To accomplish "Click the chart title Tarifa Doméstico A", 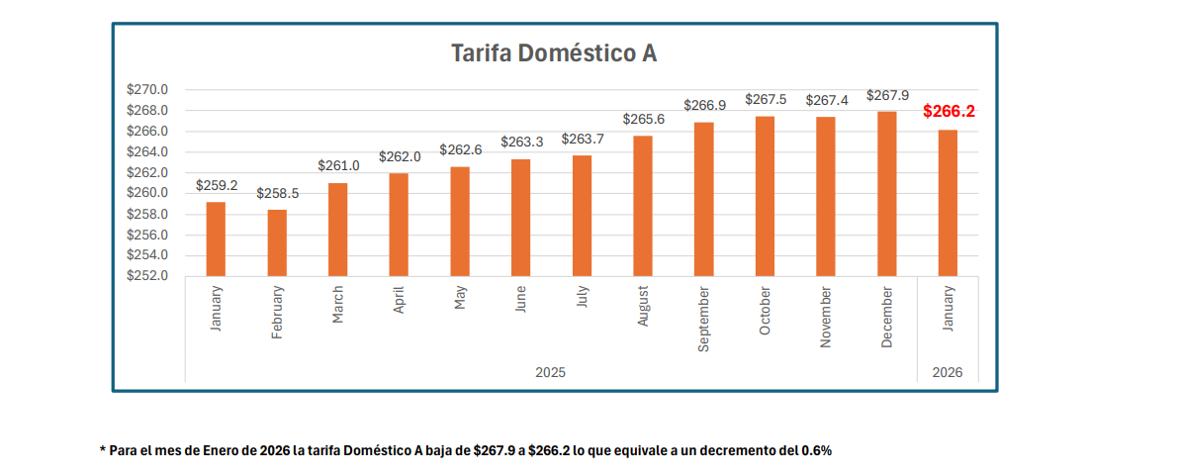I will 554,52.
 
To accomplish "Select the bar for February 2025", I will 277,242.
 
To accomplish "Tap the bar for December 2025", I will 887,193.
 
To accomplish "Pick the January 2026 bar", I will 949,203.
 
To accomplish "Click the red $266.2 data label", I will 949,112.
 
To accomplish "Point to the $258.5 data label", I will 277,194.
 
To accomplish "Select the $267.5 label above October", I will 766,100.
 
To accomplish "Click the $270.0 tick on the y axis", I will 148,89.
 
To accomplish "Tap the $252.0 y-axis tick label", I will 148,275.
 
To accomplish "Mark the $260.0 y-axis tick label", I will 148,193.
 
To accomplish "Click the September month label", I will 704,320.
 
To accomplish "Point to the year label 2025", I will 551,372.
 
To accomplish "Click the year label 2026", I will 948,372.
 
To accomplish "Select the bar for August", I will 643,205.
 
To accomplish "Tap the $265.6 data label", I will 643,119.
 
